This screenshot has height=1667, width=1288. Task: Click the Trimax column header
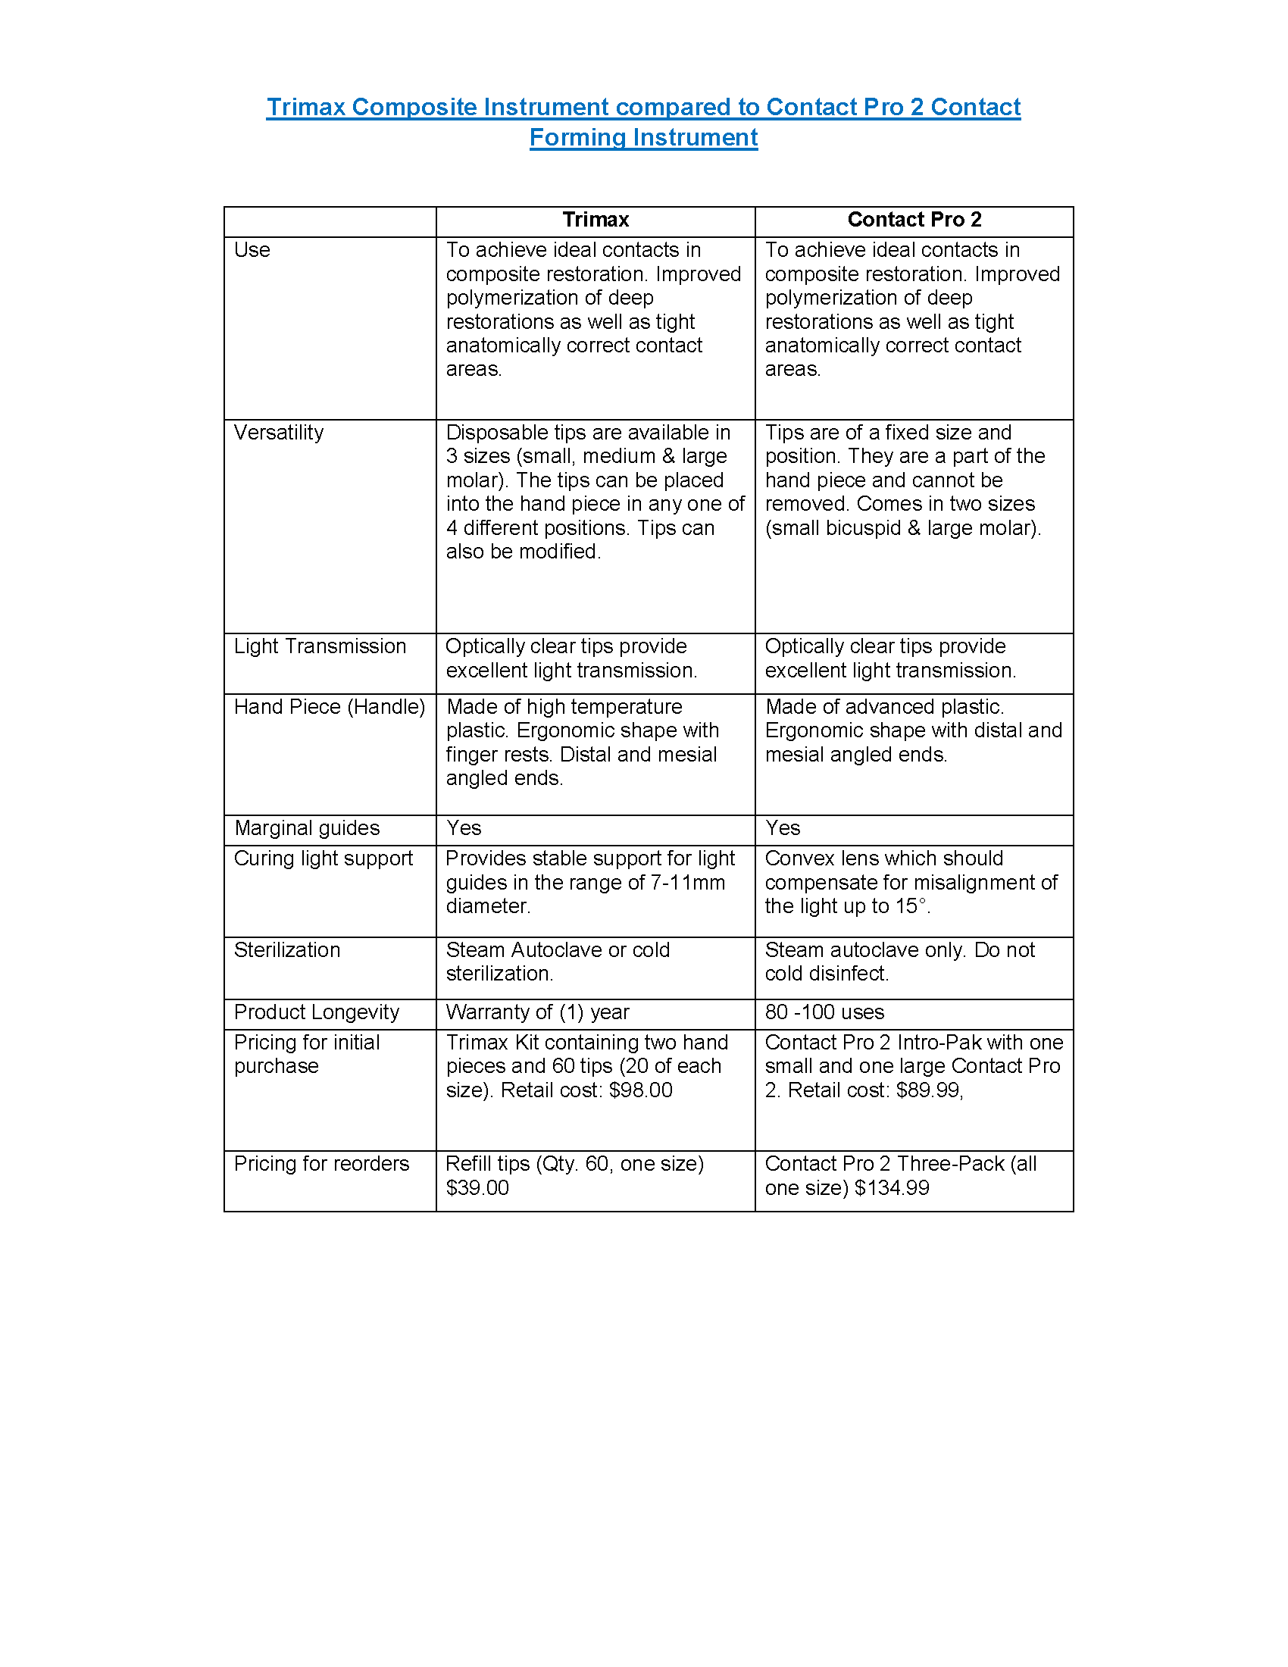pyautogui.click(x=596, y=220)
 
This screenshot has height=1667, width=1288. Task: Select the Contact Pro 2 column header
pyautogui.click(x=914, y=220)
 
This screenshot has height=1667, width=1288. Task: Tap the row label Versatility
pyautogui.click(x=279, y=433)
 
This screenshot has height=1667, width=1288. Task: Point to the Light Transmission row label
pyautogui.click(x=320, y=646)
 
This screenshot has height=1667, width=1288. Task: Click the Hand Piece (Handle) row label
pyautogui.click(x=329, y=707)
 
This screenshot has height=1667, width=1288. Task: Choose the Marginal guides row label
pyautogui.click(x=307, y=828)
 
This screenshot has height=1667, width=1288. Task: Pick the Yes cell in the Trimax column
pyautogui.click(x=464, y=828)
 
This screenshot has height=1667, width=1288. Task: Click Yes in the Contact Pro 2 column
pyautogui.click(x=783, y=828)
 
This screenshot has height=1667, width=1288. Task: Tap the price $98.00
pyautogui.click(x=641, y=1090)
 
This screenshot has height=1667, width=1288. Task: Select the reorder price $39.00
pyautogui.click(x=477, y=1187)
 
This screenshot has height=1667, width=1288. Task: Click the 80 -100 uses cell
pyautogui.click(x=825, y=1012)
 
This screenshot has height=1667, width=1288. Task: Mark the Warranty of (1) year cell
pyautogui.click(x=537, y=1012)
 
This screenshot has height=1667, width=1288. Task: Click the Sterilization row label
pyautogui.click(x=287, y=950)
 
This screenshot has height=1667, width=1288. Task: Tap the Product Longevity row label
pyautogui.click(x=317, y=1012)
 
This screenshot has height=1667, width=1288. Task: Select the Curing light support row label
pyautogui.click(x=324, y=859)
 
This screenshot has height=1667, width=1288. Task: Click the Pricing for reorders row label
pyautogui.click(x=321, y=1164)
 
